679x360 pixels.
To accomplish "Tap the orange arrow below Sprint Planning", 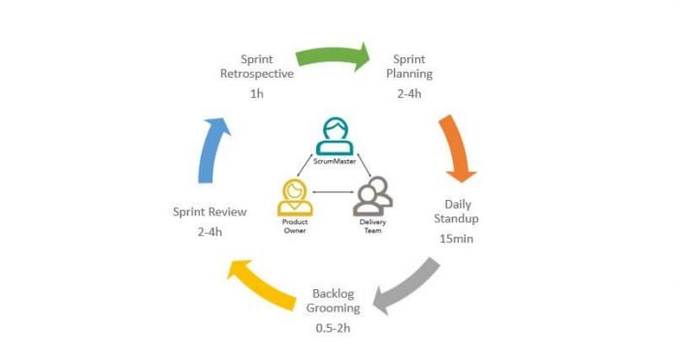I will point(456,147).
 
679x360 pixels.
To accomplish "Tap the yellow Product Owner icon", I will point(294,197).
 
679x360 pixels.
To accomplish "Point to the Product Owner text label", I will point(294,228).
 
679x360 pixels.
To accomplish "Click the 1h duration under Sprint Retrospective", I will point(256,94).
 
